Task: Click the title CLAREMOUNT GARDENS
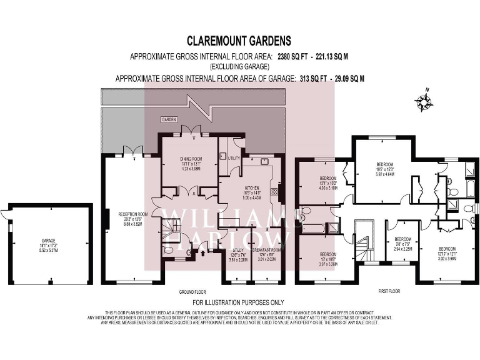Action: pyautogui.click(x=240, y=41)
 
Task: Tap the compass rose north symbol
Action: pyautogui.click(x=426, y=101)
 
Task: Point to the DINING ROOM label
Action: pyautogui.click(x=189, y=158)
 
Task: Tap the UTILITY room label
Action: pyautogui.click(x=234, y=158)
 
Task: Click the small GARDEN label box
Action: pyautogui.click(x=169, y=119)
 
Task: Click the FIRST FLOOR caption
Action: pyautogui.click(x=389, y=291)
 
